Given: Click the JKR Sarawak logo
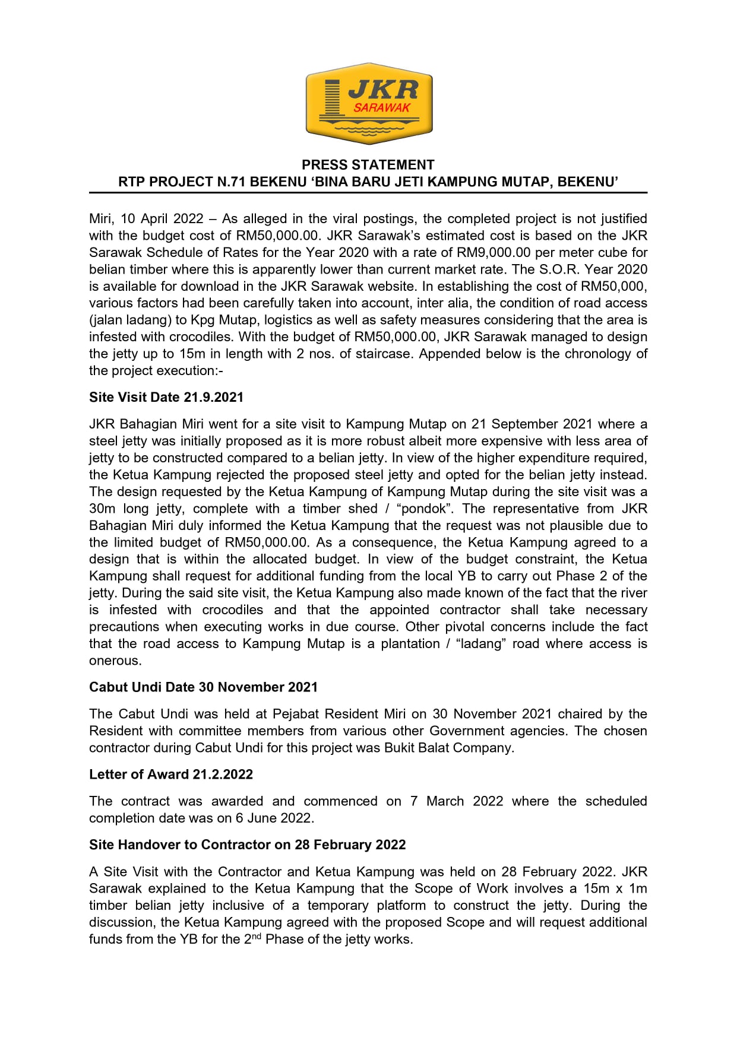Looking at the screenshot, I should (369, 103).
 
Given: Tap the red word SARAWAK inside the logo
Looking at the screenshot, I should (382, 108).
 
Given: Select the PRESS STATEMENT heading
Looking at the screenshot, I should (368, 165).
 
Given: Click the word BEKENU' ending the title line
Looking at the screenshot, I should (588, 182).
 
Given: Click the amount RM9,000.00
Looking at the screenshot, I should (494, 253).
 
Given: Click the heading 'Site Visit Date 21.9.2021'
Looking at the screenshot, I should (166, 397).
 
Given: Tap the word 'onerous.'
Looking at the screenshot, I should (115, 661).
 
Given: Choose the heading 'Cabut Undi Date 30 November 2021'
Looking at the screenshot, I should (203, 687).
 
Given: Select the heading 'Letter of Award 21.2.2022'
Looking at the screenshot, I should (171, 775).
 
